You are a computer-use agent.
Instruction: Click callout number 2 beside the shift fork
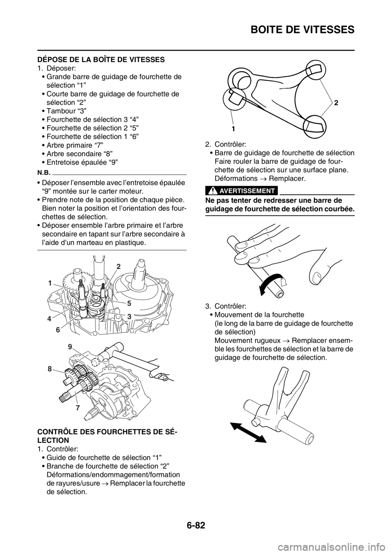[336, 104]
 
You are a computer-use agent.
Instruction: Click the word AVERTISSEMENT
[248, 191]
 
